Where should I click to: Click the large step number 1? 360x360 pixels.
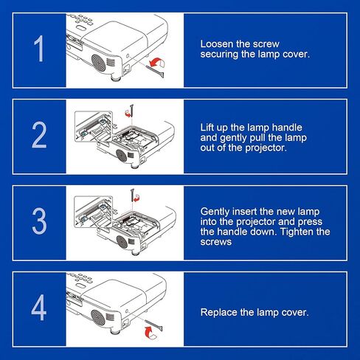(x=39, y=49)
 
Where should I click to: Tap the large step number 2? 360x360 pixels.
(x=39, y=135)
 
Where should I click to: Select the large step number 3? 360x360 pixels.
(x=39, y=221)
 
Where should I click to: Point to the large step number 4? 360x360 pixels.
(x=39, y=308)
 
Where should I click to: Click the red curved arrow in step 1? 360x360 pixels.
(x=157, y=62)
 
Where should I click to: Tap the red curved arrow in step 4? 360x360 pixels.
(x=150, y=332)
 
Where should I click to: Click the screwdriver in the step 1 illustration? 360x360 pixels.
(x=156, y=71)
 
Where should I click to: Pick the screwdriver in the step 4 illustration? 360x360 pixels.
(x=154, y=325)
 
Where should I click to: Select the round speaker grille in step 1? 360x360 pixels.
(x=98, y=62)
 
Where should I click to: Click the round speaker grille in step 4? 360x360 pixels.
(x=98, y=317)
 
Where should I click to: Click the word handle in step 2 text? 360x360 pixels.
(x=287, y=128)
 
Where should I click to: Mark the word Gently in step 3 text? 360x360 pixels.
(x=215, y=212)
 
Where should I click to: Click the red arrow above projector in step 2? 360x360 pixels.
(x=128, y=113)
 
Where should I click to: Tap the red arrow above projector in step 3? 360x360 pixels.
(x=136, y=198)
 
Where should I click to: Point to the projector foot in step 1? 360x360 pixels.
(x=115, y=79)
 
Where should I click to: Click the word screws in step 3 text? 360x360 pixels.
(x=215, y=242)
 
